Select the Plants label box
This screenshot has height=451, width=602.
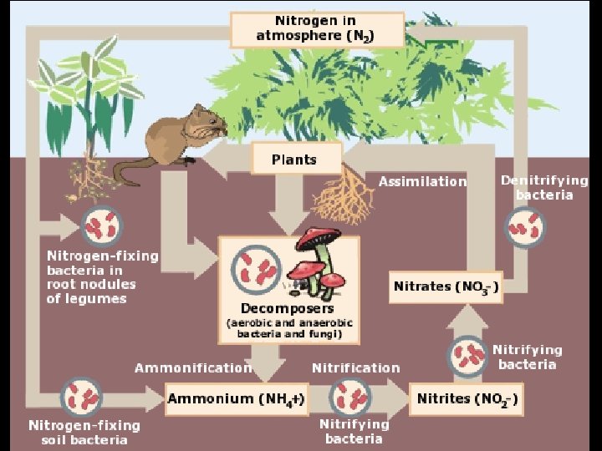[x=295, y=158]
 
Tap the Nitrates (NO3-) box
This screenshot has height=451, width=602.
[x=446, y=286]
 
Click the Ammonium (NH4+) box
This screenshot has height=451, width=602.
[x=235, y=398]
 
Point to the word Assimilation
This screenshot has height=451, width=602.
[x=422, y=181]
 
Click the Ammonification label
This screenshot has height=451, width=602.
[x=192, y=367]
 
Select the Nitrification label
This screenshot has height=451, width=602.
[x=355, y=367]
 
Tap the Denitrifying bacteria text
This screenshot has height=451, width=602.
[x=544, y=187]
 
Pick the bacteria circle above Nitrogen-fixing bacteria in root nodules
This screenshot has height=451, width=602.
[x=102, y=225]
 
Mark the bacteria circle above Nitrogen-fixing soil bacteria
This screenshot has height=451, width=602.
[x=84, y=396]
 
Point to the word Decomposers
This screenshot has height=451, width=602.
[x=288, y=308]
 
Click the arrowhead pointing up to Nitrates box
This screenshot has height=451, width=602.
[x=469, y=317]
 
